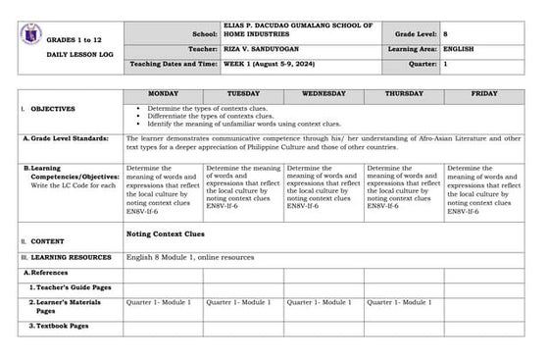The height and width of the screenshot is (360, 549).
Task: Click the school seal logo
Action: click(x=29, y=32)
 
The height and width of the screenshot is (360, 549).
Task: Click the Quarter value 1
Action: click(x=446, y=64)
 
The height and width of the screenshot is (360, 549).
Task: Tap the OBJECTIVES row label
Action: click(x=55, y=109)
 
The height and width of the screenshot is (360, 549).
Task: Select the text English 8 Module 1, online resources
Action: click(x=190, y=257)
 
